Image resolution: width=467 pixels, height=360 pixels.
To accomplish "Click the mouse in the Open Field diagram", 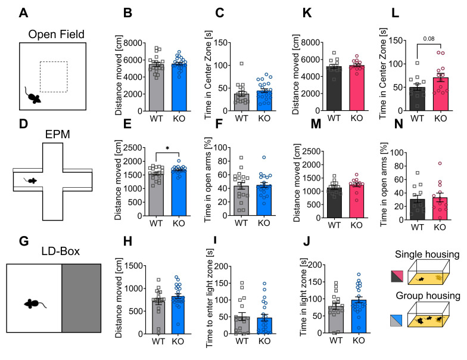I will click(x=33, y=95).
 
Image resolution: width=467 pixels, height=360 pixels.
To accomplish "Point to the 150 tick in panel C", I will click(x=212, y=44).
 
